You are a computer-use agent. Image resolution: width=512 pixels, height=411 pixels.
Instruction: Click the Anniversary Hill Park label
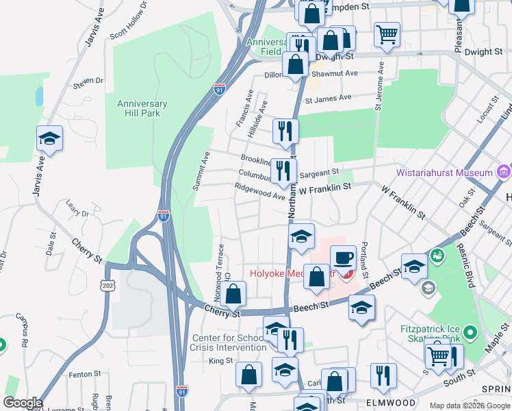(142, 108)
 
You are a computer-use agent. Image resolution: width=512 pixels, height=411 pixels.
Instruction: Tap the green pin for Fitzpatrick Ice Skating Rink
(470, 334)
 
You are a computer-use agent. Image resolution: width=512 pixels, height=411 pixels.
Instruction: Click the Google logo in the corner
(23, 403)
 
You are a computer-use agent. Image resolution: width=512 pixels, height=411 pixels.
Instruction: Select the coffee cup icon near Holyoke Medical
(344, 258)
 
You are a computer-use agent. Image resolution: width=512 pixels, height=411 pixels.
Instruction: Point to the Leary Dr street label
(77, 208)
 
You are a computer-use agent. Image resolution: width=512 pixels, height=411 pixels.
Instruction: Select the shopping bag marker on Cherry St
(233, 295)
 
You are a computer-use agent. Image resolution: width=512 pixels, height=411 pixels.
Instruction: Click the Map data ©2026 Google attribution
(470, 406)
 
